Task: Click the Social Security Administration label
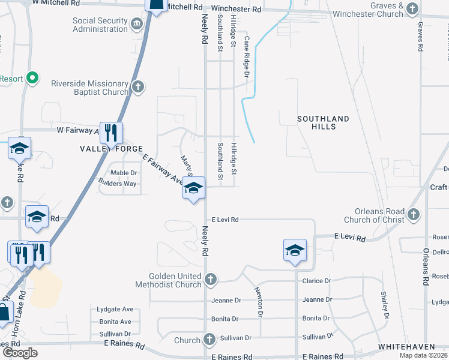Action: pos(100,25)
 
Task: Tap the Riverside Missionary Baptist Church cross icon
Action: pos(138,87)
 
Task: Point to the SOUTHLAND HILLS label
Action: pos(323,123)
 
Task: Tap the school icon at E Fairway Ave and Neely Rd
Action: pos(193,188)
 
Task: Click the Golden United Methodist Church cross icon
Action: pos(210,279)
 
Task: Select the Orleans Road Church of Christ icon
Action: pos(413,214)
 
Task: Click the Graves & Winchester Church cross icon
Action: pos(412,8)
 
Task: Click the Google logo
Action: pos(20,353)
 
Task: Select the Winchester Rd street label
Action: pos(237,10)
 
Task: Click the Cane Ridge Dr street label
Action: pos(246,56)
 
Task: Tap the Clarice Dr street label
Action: pos(316,281)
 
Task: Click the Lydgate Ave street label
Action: pos(115,310)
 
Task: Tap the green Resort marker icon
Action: pos(33,78)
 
